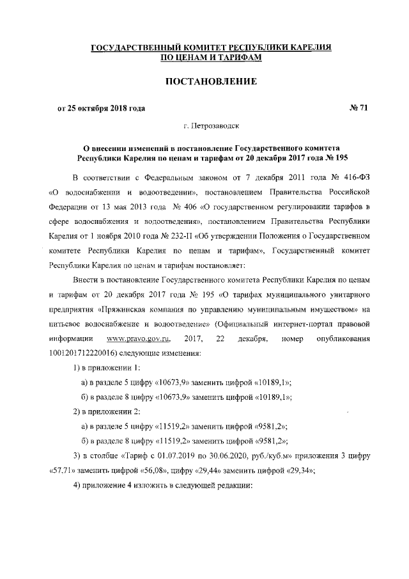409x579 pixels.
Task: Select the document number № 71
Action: [358, 108]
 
